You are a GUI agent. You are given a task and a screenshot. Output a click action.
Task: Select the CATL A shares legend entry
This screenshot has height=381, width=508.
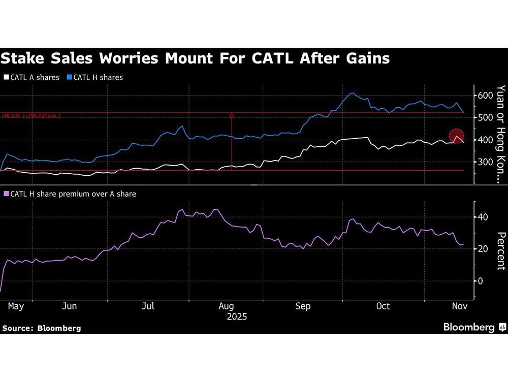[x=34, y=78]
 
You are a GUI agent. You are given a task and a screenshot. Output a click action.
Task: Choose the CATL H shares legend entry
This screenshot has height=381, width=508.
[x=98, y=78]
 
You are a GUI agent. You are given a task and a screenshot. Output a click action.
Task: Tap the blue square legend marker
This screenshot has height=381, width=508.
[x=69, y=78]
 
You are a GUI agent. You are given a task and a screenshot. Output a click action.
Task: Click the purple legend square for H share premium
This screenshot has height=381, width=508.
[x=6, y=194]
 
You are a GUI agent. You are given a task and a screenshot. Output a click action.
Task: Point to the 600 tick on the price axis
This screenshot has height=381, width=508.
[x=486, y=96]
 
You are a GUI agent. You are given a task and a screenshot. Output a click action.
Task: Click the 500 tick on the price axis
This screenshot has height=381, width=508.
[x=486, y=117]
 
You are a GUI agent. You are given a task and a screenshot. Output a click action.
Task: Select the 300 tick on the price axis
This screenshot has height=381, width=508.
[x=486, y=162]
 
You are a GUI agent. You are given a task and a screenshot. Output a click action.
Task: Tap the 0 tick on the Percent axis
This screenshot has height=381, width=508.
[x=480, y=281]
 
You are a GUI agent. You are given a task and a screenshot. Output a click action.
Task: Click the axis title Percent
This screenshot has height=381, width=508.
[x=500, y=251]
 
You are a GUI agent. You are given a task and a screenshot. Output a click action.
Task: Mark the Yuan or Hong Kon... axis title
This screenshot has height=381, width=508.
[x=500, y=134]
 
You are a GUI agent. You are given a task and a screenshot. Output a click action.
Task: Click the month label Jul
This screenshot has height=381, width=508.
[x=148, y=306]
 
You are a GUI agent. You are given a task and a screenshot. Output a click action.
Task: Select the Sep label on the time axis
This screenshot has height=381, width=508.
[x=303, y=306]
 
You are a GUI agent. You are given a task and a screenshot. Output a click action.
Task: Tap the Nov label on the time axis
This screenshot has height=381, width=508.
[x=460, y=306]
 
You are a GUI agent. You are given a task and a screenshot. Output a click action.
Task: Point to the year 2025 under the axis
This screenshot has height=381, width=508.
[x=237, y=316]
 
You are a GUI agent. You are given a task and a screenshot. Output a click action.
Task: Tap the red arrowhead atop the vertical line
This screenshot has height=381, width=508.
[x=232, y=116]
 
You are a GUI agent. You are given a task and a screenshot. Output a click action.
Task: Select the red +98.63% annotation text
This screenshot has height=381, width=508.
[x=30, y=116]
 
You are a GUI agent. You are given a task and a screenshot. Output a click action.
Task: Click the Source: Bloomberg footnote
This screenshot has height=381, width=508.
[x=41, y=328]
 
